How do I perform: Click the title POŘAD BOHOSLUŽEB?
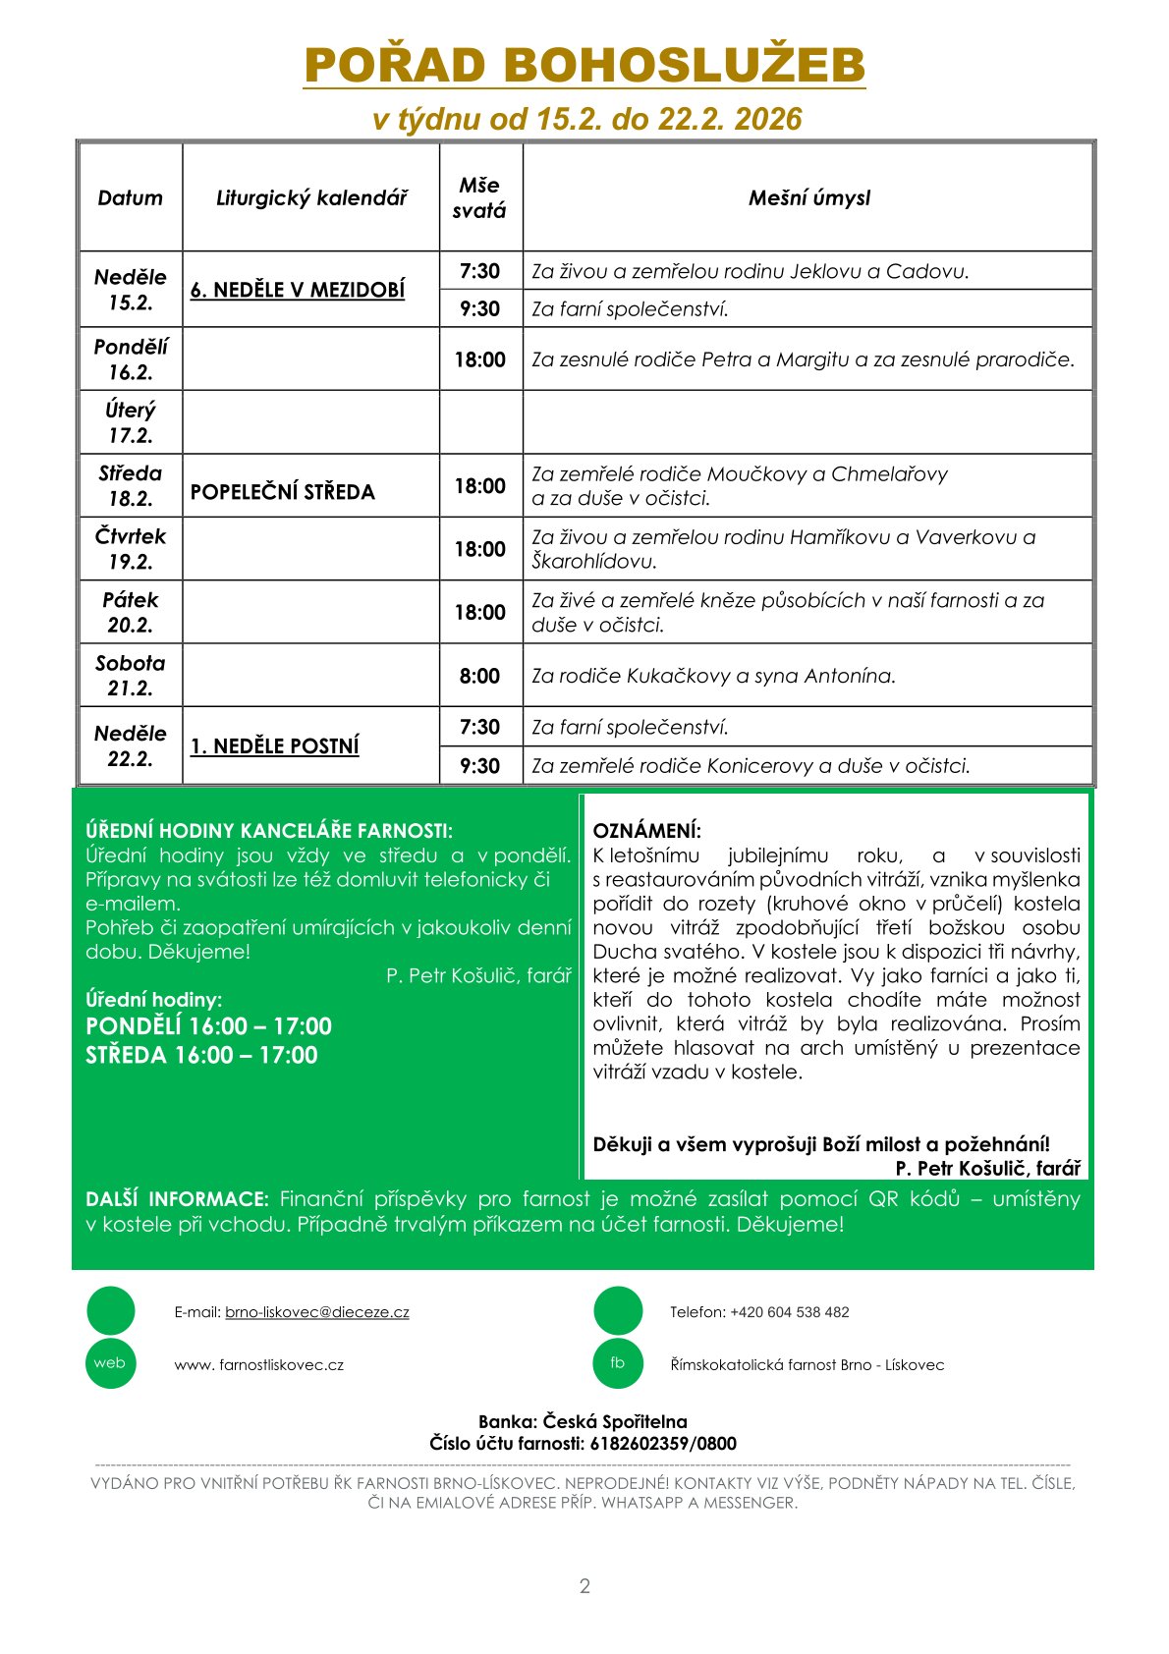pos(584,65)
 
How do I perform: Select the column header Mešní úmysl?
pos(808,198)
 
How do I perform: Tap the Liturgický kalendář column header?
pos(310,198)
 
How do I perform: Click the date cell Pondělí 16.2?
pos(131,359)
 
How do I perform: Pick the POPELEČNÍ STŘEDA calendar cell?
pos(283,492)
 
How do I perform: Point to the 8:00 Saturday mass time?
pos(479,676)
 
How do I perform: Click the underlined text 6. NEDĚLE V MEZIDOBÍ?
pos(298,290)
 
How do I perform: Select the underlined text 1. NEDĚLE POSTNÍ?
pos(274,746)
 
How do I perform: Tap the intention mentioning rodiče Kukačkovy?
pos(713,676)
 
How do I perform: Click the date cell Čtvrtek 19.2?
pos(131,549)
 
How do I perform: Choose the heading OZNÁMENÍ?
pos(646,831)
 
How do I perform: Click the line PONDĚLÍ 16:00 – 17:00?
pos(208,1026)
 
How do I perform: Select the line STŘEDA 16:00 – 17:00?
pos(201,1056)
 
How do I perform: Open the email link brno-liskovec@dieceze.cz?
pos(316,1312)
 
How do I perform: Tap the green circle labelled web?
pos(110,1363)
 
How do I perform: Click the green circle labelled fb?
pos(618,1363)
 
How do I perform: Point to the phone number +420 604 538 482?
pos(790,1312)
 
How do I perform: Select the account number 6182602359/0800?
pos(663,1444)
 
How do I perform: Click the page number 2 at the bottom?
pos(584,1586)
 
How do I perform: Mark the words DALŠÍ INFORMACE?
pos(177,1199)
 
